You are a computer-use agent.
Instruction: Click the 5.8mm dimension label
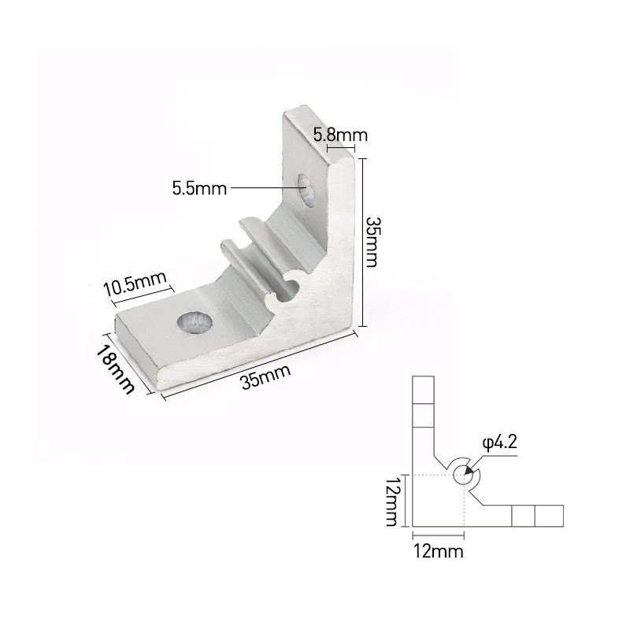click(340, 135)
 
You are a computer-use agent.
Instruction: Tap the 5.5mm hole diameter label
click(200, 188)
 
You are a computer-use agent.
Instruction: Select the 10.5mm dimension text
click(135, 283)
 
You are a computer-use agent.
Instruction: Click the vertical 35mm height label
click(372, 243)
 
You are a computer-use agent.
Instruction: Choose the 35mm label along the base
click(265, 376)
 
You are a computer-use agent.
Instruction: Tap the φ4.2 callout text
click(499, 443)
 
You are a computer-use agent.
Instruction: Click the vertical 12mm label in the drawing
click(391, 501)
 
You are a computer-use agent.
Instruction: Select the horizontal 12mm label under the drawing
click(439, 550)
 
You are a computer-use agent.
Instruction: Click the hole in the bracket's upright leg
click(306, 190)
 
